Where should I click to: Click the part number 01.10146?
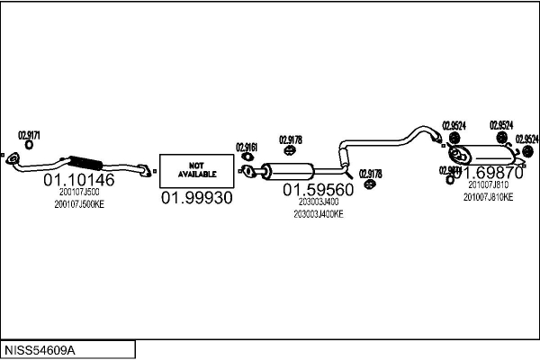[79, 180]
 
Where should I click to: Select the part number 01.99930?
[196, 197]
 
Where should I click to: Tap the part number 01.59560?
[319, 190]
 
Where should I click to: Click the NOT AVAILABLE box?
[196, 169]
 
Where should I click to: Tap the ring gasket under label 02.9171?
[30, 145]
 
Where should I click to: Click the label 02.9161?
[247, 147]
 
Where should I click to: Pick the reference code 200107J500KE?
[79, 205]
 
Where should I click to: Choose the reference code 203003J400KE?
[319, 214]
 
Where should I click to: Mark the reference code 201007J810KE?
[488, 196]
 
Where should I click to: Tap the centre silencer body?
[286, 171]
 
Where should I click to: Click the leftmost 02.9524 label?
[454, 125]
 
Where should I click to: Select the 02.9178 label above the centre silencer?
[290, 139]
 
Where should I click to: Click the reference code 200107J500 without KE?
[79, 192]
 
